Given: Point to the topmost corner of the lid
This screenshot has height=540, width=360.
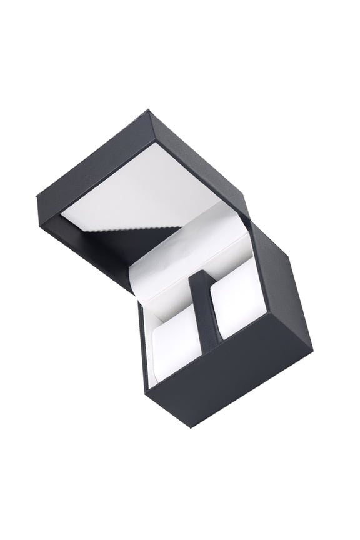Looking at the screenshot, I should pyautogui.click(x=149, y=111).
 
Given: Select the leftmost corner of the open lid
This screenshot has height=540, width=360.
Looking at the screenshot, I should pyautogui.click(x=35, y=199).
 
